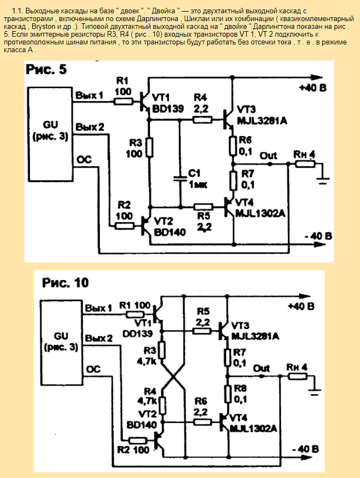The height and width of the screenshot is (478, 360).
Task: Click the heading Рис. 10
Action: (66, 282)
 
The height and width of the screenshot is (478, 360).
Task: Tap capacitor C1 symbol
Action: (179, 179)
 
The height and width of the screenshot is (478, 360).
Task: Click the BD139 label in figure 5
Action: (168, 109)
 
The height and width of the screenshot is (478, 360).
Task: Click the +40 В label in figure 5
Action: (312, 88)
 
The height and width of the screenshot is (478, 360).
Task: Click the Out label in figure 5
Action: (269, 156)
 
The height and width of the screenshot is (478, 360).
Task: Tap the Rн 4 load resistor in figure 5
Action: (304, 163)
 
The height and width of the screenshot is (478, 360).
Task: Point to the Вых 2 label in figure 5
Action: (90, 127)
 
